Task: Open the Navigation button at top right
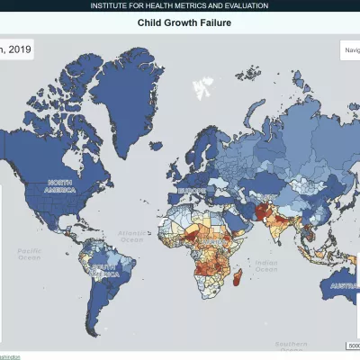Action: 350,50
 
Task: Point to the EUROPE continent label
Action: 192,192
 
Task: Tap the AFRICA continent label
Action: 213,244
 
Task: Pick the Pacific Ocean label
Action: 29,253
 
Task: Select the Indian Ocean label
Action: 265,265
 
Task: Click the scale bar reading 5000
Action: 353,346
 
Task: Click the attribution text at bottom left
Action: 9,356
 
